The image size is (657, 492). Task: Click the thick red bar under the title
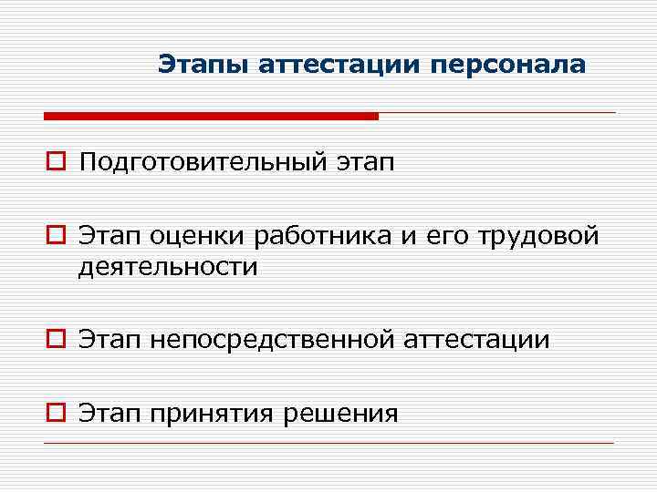click(x=211, y=116)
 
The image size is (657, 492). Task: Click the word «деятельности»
click(x=168, y=267)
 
